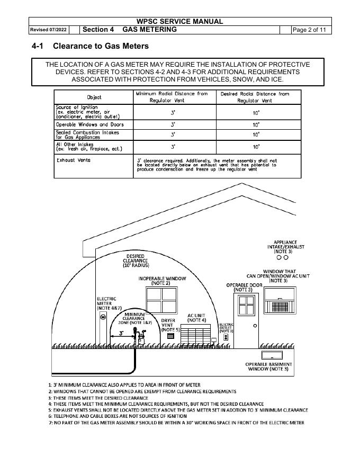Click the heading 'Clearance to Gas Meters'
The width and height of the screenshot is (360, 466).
click(x=101, y=47)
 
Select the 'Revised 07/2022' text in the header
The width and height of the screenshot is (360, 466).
click(x=48, y=30)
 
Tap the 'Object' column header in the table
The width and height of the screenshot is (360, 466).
click(x=94, y=97)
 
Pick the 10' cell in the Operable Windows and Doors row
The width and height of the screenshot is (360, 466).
click(x=256, y=125)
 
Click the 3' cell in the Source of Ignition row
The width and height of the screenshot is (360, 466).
click(x=173, y=112)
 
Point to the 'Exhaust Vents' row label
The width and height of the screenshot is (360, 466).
click(x=74, y=160)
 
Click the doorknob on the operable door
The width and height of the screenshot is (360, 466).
click(x=255, y=326)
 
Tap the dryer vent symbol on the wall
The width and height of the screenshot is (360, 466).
click(x=170, y=336)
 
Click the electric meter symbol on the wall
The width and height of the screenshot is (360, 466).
click(x=103, y=316)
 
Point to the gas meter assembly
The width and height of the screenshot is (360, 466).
click(x=140, y=337)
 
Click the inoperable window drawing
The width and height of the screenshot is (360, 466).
click(x=161, y=300)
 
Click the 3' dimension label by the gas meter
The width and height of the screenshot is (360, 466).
click(x=121, y=334)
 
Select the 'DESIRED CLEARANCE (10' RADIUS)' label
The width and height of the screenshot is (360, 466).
click(x=136, y=261)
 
